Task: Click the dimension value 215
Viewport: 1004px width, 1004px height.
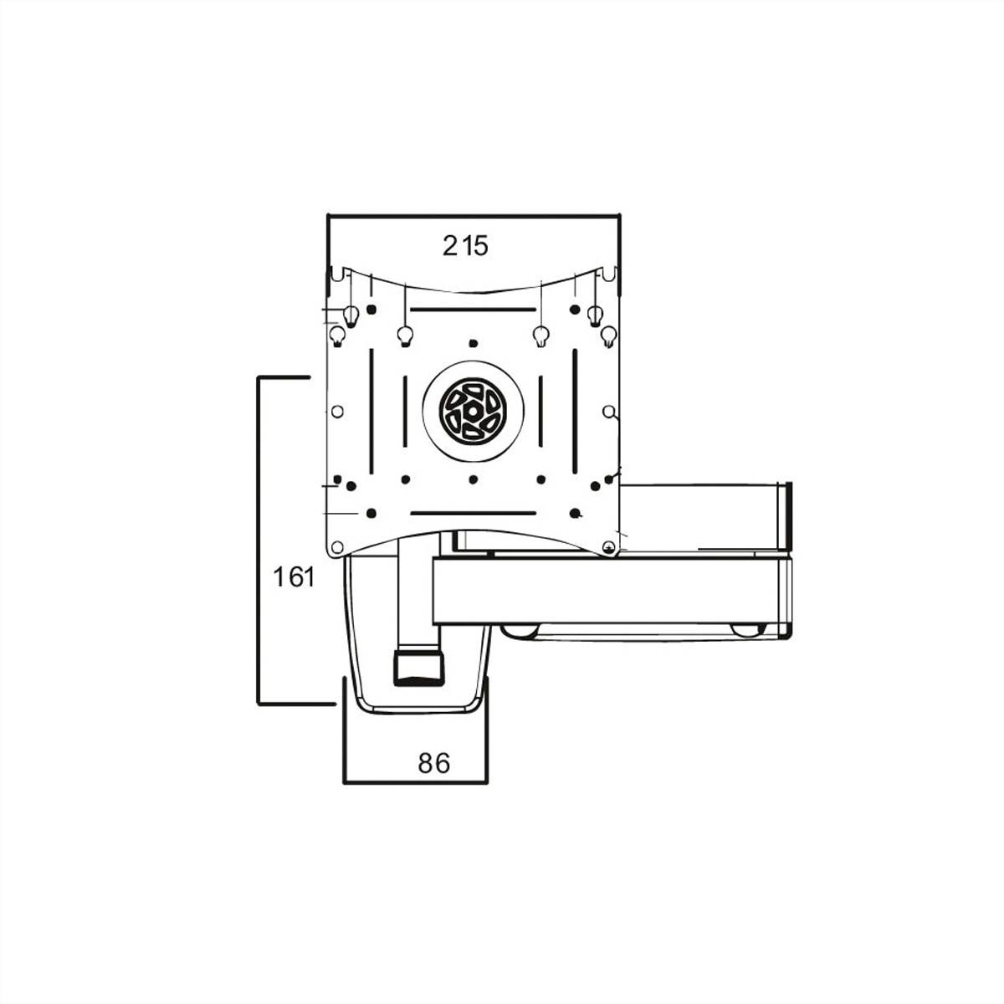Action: point(465,246)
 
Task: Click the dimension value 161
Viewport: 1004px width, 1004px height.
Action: point(294,577)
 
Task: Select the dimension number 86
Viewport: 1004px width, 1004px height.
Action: point(434,762)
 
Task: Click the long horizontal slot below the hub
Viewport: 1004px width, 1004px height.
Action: point(473,512)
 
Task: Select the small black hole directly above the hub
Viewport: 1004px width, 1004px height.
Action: point(473,343)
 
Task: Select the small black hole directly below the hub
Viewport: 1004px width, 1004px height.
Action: point(473,479)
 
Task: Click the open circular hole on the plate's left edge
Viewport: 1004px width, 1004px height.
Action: point(337,412)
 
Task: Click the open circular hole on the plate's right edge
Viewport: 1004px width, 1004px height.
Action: point(609,412)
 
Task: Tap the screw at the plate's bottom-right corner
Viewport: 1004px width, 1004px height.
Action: point(609,548)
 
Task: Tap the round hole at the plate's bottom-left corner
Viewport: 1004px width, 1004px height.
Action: point(337,548)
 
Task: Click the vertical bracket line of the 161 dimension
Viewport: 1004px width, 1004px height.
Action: point(257,540)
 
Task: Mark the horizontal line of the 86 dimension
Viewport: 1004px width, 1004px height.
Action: point(415,782)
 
